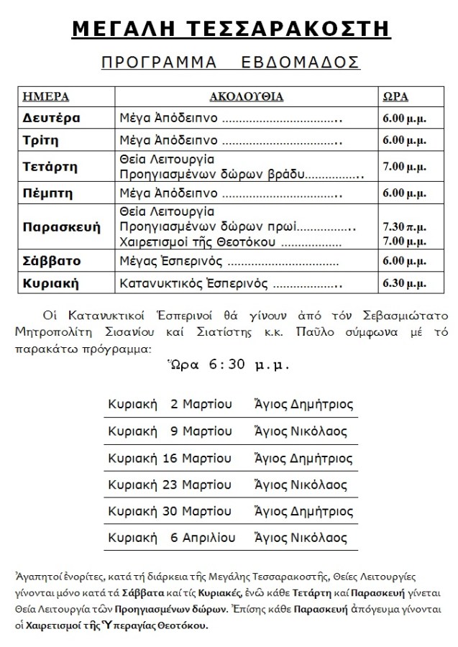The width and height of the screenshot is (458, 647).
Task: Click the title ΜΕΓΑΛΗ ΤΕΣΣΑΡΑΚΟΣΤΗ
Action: (230, 28)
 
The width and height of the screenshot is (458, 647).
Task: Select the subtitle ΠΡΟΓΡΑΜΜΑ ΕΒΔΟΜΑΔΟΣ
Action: (230, 63)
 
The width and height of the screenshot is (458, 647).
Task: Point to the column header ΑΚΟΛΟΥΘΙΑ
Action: (246, 96)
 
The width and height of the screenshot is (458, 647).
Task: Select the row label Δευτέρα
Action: (50, 118)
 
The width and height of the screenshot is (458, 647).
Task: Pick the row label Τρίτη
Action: (41, 141)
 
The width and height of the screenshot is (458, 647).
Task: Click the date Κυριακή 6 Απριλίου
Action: (170, 537)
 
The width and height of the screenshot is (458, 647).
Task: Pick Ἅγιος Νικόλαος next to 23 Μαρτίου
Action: (301, 484)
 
